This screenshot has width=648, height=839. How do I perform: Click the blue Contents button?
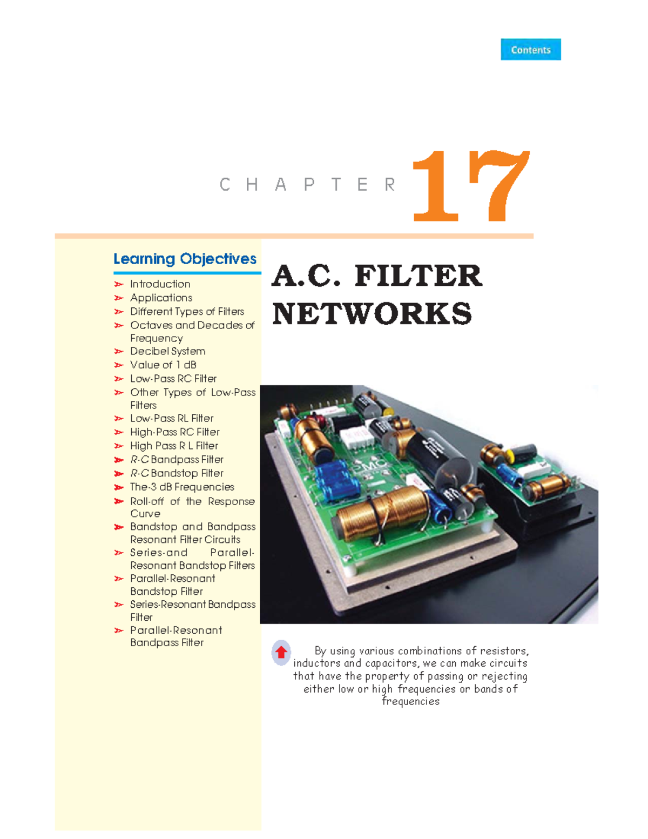click(530, 50)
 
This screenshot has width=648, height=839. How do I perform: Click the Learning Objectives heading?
click(185, 259)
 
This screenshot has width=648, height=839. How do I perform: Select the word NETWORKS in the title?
click(372, 314)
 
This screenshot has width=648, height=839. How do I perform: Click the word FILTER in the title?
click(418, 276)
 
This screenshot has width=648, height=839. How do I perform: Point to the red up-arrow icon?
click(281, 652)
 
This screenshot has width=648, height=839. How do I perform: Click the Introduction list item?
click(160, 284)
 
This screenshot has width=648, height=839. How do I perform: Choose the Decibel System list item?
click(167, 351)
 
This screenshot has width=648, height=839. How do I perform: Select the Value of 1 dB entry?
click(163, 365)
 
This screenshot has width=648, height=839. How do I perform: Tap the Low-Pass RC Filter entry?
click(173, 379)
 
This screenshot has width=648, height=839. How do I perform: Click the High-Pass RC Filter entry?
click(174, 432)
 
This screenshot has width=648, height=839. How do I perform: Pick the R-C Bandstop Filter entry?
click(177, 473)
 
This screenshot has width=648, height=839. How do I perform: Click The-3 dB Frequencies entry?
click(182, 487)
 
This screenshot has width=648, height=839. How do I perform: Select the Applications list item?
click(161, 298)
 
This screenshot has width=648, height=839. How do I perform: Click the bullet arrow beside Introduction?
click(119, 284)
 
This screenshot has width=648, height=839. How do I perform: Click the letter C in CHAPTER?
click(225, 185)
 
